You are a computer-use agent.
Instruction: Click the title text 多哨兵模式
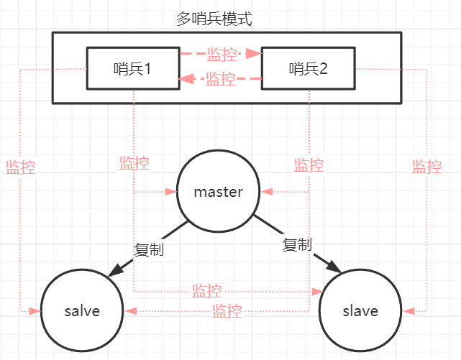point(214,18)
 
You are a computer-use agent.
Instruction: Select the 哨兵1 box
point(132,69)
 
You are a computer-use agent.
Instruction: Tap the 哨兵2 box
point(308,69)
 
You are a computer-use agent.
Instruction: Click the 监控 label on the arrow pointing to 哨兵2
point(221,54)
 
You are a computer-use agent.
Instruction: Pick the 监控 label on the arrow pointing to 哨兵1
point(221,79)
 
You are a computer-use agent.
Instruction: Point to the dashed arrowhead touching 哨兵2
point(255,53)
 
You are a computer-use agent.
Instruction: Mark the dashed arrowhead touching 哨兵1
point(185,79)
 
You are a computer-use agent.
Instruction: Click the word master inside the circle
point(219,192)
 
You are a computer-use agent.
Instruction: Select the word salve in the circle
point(82,311)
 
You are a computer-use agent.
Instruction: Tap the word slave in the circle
point(360,311)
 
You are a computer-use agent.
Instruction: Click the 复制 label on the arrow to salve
point(149,249)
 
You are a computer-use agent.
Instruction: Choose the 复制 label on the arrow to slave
point(297,245)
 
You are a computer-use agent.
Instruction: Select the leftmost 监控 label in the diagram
point(20,167)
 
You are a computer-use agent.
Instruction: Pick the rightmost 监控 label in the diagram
point(426,167)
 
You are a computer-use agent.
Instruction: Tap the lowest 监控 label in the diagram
point(227,312)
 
